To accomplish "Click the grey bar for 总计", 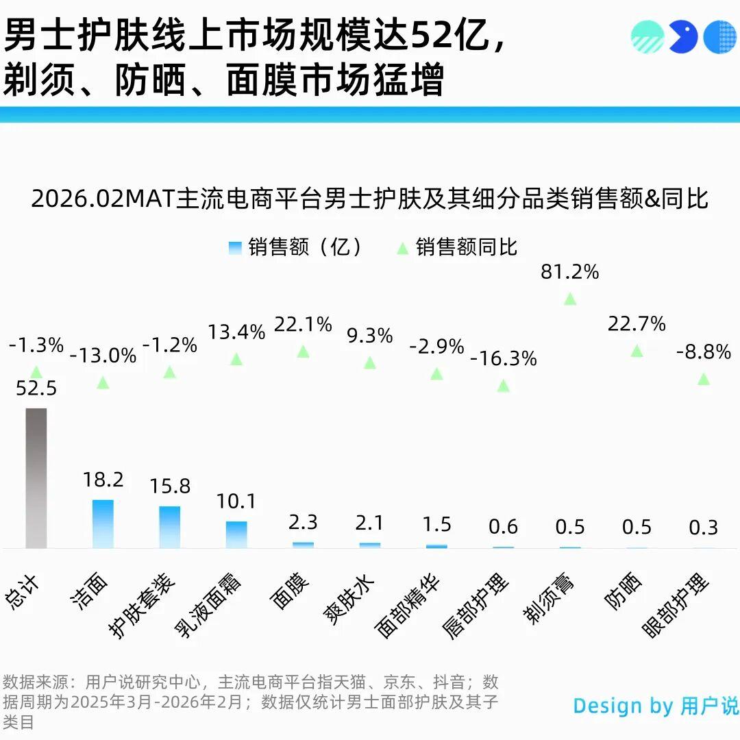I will point(36,478).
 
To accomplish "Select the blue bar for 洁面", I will point(103,523).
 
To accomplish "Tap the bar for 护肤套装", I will point(170,527).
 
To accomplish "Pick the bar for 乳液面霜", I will point(236,534).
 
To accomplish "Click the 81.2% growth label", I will point(569,272).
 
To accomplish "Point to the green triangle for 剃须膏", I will point(569,299).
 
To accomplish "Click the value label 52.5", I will point(36,388).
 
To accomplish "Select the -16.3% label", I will point(504,358).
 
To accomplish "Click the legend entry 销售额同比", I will point(466,247).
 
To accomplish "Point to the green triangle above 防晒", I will point(637,351).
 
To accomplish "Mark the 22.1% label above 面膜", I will point(303,324).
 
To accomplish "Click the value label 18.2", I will point(103,480).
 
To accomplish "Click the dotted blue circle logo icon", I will point(719,37).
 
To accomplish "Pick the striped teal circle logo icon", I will point(647,37).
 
